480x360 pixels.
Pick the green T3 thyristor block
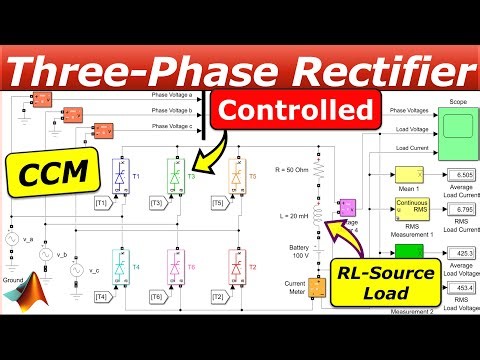175,177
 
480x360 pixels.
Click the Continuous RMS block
412,209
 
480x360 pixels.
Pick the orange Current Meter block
317,287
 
